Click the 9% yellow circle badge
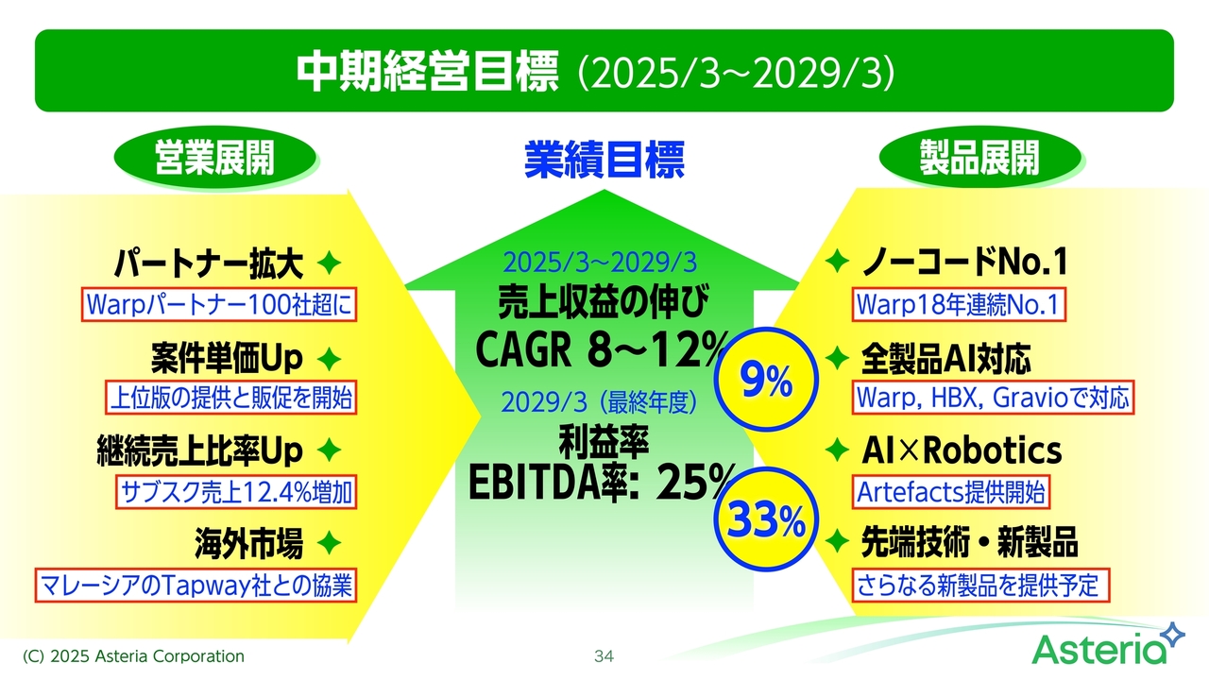(766, 379)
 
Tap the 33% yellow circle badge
(766, 519)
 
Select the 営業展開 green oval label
(214, 157)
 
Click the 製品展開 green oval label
(979, 157)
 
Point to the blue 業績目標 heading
(604, 160)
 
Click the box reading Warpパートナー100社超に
(219, 304)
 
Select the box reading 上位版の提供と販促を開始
(231, 398)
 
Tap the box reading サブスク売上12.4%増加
(236, 492)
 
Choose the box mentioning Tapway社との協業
(196, 585)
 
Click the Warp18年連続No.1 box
(959, 304)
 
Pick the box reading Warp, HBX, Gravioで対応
(993, 398)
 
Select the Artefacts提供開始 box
(951, 492)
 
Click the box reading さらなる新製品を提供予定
(980, 585)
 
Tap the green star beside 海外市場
(329, 542)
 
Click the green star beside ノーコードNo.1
(837, 261)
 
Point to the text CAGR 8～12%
(602, 348)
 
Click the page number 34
(604, 656)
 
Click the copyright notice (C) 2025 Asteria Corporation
(133, 656)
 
